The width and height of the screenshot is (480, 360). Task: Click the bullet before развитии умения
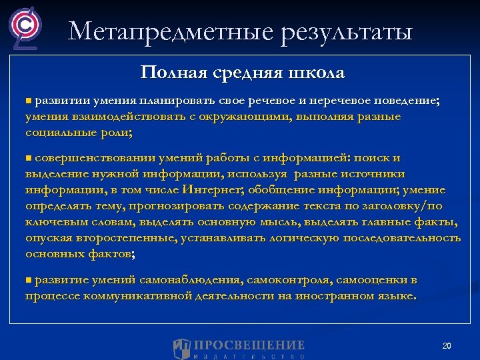click(x=29, y=100)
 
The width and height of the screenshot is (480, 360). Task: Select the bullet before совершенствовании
click(x=29, y=157)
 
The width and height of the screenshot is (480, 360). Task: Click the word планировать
click(x=170, y=100)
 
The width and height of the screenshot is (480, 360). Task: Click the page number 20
click(x=447, y=345)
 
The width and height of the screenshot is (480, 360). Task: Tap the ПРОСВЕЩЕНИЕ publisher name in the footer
click(x=249, y=345)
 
